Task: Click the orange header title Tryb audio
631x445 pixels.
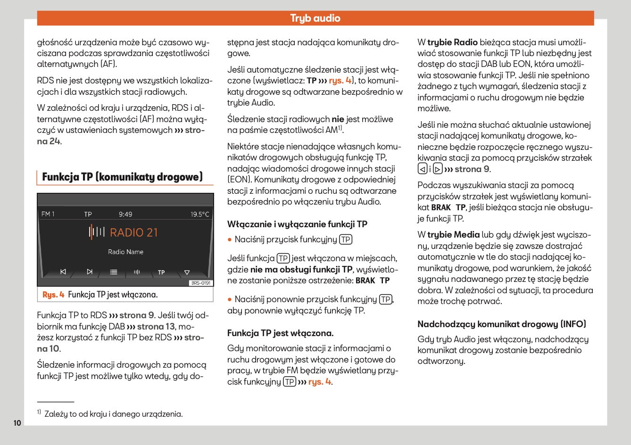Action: pos(315,18)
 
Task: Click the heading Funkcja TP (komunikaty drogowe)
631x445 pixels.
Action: pos(122,177)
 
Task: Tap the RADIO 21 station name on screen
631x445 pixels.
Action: pos(133,232)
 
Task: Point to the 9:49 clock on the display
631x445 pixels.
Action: pos(125,214)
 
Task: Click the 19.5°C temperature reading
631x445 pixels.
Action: pos(199,214)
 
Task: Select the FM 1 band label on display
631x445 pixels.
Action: pos(48,214)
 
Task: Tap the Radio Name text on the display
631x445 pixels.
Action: pos(125,252)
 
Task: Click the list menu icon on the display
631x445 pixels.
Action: pos(114,272)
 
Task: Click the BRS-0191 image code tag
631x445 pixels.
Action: pos(201,283)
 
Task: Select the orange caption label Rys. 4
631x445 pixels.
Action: pos(53,295)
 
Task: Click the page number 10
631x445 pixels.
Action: pos(17,423)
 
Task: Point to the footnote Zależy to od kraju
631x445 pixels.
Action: pos(113,414)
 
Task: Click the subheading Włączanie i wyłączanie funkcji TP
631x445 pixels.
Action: pos(297,224)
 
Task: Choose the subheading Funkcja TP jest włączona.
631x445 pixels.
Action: pos(280,333)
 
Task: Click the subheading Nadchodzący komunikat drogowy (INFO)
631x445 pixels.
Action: pos(501,324)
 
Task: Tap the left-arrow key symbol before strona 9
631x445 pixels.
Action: pos(423,169)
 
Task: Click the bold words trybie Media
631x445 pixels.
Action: pos(453,234)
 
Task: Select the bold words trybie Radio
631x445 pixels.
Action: pos(452,42)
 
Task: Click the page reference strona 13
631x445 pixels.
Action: pos(156,326)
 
